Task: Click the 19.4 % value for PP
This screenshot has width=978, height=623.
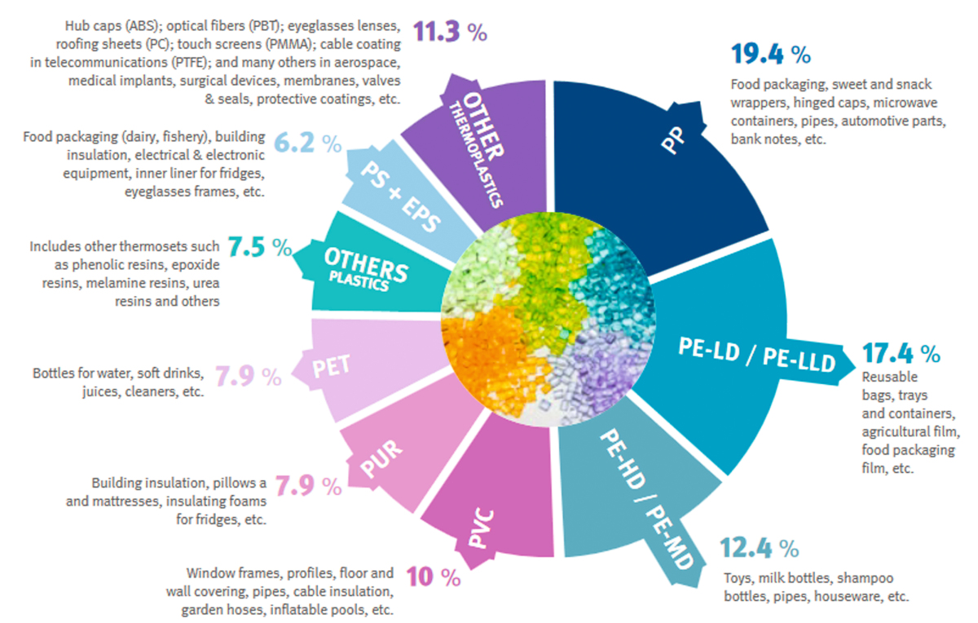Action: tap(770, 55)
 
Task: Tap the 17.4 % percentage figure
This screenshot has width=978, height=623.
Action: tap(901, 354)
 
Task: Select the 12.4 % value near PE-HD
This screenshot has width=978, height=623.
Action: tap(759, 547)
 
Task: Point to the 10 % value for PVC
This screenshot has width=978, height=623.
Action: tap(433, 577)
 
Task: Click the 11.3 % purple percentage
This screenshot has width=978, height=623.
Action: tap(450, 33)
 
